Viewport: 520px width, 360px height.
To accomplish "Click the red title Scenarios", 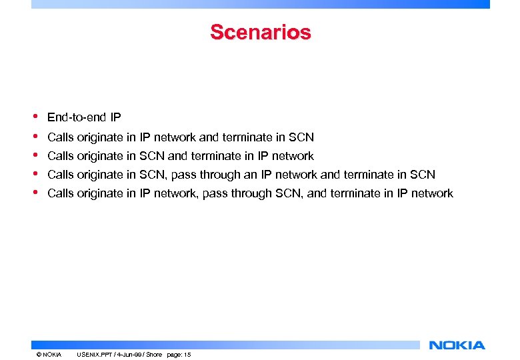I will coord(260,32).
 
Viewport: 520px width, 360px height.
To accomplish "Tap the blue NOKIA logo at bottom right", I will coord(457,345).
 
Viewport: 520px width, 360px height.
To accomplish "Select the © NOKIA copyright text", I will coord(49,355).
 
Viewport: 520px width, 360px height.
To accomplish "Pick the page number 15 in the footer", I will coord(187,355).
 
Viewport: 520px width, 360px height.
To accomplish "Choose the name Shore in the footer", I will coord(154,355).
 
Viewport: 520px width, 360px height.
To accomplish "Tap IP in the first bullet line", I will coord(115,118).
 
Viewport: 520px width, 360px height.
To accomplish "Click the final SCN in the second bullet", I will coord(301,137).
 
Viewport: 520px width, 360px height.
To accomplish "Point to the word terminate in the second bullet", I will coord(247,137).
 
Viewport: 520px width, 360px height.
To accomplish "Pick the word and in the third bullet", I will coord(177,156).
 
